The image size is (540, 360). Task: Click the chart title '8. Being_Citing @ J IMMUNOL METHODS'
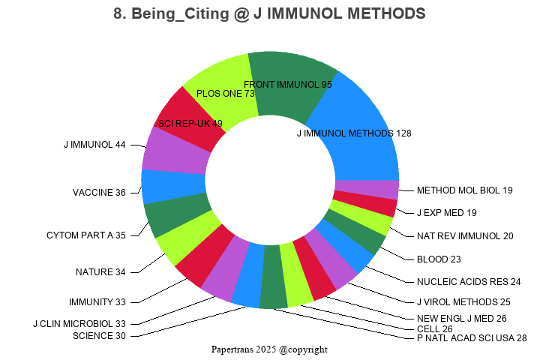[x=270, y=14]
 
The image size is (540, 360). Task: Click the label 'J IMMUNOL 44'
[x=94, y=145]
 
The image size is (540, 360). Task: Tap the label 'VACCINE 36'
[x=99, y=193]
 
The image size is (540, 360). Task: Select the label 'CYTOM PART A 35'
[x=85, y=235]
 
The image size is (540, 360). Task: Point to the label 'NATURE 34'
[x=100, y=271]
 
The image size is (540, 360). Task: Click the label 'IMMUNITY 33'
[x=97, y=302]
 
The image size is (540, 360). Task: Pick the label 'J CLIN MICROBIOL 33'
[x=79, y=324]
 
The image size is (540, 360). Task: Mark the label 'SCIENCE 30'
[x=99, y=335]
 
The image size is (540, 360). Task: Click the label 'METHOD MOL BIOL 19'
[x=465, y=190]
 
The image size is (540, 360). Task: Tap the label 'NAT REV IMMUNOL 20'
[x=465, y=236]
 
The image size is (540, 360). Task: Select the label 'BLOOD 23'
[x=439, y=259]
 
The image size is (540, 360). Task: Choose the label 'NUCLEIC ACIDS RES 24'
[x=469, y=282]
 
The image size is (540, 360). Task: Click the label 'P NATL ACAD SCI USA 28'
[x=472, y=338]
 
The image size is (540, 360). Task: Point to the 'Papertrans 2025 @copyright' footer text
[x=270, y=349]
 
